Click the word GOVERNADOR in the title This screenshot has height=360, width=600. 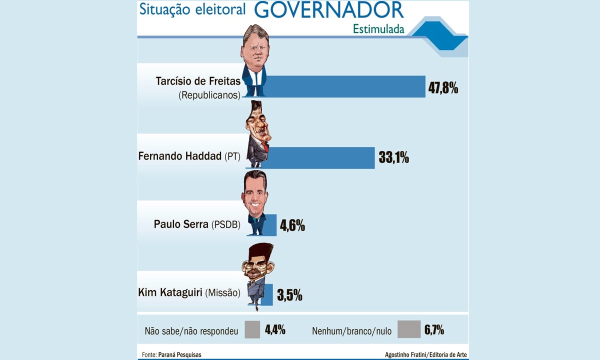coord(329,10)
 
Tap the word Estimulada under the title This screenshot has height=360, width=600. coord(378,29)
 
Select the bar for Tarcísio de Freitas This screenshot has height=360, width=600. coord(345,86)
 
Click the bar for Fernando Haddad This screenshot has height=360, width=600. coord(321,158)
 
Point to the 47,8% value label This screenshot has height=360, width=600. coord(443,88)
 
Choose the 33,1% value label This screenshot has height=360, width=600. coord(394,157)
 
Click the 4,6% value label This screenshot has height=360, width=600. coord(292,225)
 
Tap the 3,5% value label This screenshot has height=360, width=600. coord(289,295)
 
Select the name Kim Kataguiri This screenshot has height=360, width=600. coord(170,292)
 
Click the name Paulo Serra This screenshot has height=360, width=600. coord(181,224)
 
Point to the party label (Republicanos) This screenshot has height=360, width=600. coord(209,95)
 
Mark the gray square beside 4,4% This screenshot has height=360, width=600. coord(252,329)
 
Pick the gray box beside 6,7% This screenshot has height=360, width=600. coord(409,329)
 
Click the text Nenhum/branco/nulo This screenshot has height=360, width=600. coord(351,331)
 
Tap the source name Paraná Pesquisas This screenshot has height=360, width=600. coord(179,354)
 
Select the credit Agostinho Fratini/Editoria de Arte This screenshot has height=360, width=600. coord(426,354)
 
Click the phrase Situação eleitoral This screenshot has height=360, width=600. coord(192,10)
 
